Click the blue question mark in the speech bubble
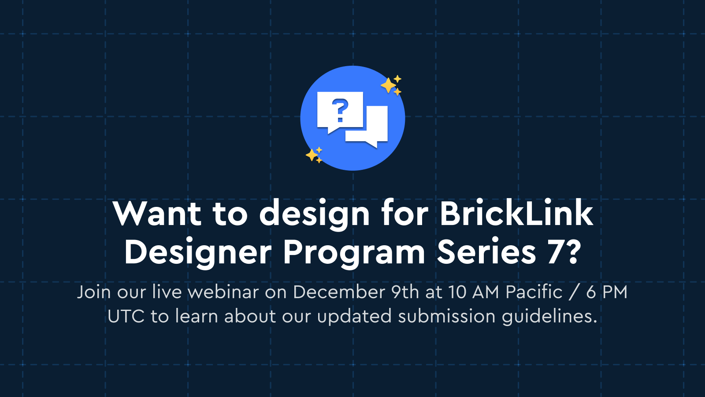pos(340,111)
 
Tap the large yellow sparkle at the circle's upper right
pos(388,86)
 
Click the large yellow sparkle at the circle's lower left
pos(312,155)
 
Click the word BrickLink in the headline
pos(516,213)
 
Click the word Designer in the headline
pos(198,252)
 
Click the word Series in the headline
pos(486,252)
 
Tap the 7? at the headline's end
pos(564,252)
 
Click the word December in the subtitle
pos(339,292)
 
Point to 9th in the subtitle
pos(405,292)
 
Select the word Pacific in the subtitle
pos(534,292)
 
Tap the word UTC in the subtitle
pos(126,316)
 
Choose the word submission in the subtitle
pos(447,317)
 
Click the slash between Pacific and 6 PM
pos(574,292)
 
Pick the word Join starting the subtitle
pos(94,292)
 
